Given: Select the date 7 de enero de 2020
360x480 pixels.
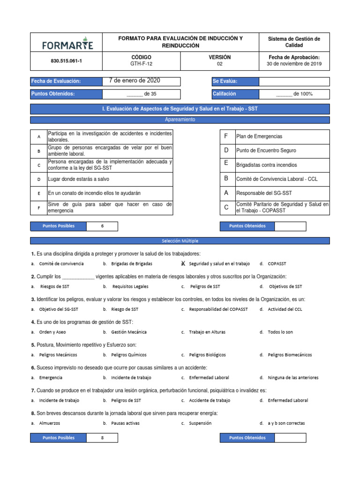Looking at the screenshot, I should tap(134, 81).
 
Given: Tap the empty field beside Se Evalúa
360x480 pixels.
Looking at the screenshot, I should tap(294, 82).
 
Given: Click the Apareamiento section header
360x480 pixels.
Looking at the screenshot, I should tap(180, 120).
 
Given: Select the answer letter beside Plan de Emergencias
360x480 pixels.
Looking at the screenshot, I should tap(226, 136).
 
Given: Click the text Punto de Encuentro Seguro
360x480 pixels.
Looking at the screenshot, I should tap(266, 150).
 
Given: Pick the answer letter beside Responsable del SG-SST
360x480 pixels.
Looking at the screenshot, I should tap(226, 192).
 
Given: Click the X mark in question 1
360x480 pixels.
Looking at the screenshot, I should tap(183, 264).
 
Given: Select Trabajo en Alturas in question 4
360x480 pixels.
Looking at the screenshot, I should tap(207, 332).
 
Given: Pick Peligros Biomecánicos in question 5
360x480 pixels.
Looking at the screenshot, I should tap(289, 355).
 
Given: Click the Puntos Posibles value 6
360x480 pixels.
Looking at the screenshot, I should tap(102, 226).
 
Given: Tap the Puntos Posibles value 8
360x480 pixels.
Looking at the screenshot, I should tap(102, 438).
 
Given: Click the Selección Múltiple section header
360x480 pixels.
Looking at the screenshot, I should tap(180, 241).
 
